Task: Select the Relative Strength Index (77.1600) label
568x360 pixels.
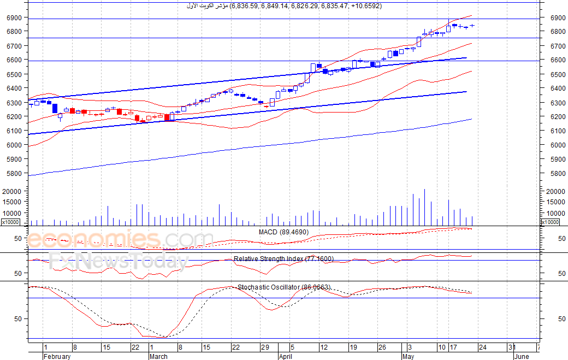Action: pos(283,258)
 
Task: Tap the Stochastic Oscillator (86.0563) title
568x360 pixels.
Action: pos(284,287)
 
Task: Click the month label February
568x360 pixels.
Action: pos(57,357)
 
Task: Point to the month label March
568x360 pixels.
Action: pos(158,357)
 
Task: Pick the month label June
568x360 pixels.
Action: pos(522,357)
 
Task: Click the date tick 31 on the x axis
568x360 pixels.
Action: pos(512,347)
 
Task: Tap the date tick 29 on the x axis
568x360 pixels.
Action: pos(265,347)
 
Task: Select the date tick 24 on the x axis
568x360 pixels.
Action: pos(482,347)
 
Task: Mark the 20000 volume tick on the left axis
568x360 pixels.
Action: pos(11,192)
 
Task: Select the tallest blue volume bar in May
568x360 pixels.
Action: pos(424,207)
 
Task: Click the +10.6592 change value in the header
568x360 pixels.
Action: pos(365,6)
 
